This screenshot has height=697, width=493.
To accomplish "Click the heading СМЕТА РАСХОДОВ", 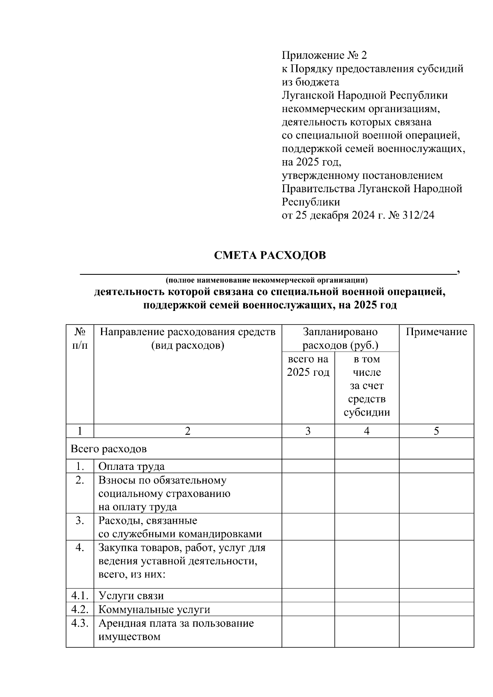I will click(x=270, y=255).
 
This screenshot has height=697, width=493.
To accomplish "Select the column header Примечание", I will click(x=436, y=332).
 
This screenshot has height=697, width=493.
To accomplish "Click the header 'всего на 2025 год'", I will click(x=308, y=366).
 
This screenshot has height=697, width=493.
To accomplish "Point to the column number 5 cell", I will click(x=436, y=430).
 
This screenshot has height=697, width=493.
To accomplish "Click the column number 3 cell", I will click(x=308, y=430).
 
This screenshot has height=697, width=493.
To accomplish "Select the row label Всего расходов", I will click(x=108, y=449).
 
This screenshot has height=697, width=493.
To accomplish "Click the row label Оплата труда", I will click(x=131, y=466).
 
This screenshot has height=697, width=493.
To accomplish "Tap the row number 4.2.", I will click(x=80, y=609).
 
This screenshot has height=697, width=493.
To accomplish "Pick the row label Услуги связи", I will click(x=131, y=596).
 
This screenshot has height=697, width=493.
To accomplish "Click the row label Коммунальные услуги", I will click(x=154, y=609).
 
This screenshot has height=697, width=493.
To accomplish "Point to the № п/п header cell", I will click(x=80, y=338).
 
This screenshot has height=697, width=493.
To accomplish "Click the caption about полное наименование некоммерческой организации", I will click(x=266, y=281).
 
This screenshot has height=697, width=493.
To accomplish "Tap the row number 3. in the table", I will click(x=80, y=520).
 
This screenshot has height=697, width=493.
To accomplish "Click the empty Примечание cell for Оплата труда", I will click(x=436, y=466).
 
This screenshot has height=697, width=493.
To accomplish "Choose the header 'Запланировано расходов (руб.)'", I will click(x=340, y=338).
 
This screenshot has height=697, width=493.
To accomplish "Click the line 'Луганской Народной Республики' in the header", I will click(x=364, y=95).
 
